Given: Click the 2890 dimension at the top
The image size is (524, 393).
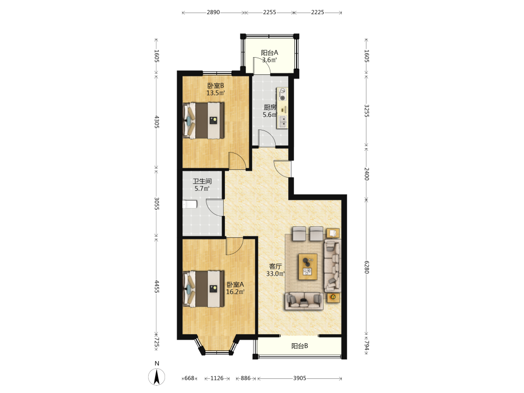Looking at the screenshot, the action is tap(213, 13).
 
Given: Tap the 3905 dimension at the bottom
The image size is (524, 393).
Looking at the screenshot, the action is tap(299, 378).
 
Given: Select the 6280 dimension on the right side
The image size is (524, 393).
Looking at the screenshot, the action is tap(366, 267).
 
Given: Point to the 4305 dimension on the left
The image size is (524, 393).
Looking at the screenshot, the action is tap(156, 122).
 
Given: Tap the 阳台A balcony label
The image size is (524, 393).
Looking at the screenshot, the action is tap(269, 53).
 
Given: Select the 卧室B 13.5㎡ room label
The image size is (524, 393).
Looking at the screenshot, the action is tap(215, 89).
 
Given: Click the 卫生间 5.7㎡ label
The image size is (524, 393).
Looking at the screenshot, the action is tap(202, 185).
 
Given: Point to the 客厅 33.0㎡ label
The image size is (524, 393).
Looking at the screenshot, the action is tap(276, 270).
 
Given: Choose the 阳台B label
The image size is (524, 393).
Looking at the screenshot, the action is tap(299, 346).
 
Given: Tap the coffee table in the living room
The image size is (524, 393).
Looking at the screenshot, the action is tap(308, 267).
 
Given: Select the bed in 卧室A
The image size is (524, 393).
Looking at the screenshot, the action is tap(203, 289).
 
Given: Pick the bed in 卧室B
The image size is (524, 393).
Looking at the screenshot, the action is tap(203, 121).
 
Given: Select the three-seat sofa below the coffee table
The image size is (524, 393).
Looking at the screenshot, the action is tap(304, 301).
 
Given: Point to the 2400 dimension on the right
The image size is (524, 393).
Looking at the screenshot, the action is tap(366, 174).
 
